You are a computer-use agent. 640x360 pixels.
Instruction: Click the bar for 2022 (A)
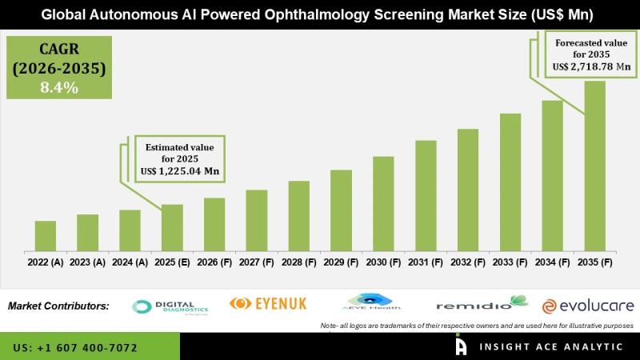(x=46, y=234)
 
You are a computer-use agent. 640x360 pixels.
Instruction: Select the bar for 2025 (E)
(x=172, y=226)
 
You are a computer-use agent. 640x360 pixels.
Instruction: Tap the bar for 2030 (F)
(x=383, y=202)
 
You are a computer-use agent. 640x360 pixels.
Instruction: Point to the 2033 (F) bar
(x=510, y=181)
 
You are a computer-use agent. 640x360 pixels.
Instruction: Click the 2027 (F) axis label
(x=256, y=262)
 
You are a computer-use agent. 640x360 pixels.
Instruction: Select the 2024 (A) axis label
(x=130, y=262)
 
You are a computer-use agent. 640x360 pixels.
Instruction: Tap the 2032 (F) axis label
(x=468, y=262)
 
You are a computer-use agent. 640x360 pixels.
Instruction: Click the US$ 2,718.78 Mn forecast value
(x=587, y=67)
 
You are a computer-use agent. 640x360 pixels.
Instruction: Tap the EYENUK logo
(x=268, y=303)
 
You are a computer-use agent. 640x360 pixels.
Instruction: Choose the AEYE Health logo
(x=370, y=303)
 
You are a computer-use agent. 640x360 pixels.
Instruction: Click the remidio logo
(x=482, y=305)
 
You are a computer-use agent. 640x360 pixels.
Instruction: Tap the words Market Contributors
(x=58, y=306)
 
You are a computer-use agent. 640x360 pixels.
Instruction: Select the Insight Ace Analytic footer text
(x=550, y=347)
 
